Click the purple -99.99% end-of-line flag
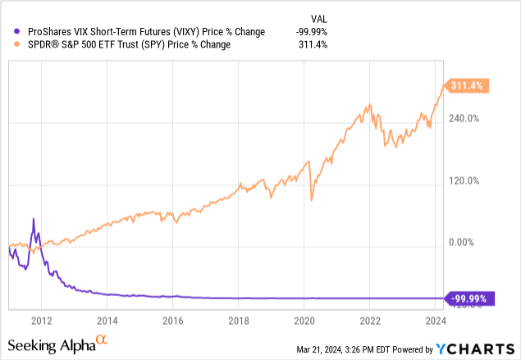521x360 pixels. pos(470,298)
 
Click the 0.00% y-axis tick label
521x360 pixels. pos(464,243)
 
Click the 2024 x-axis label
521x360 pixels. pos(436,321)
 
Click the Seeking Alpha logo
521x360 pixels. pos(57,344)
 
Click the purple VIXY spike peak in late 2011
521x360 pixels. pos(34,219)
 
